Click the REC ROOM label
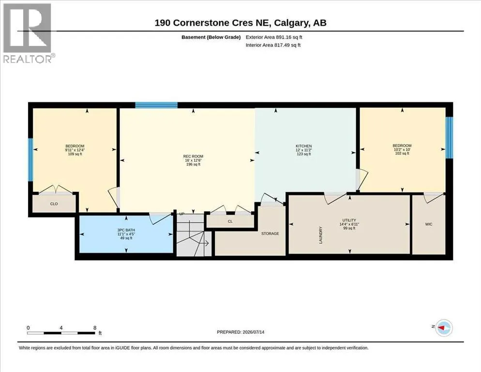point(193,156)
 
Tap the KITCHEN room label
point(304,146)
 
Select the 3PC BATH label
point(126,230)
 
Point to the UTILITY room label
point(349,220)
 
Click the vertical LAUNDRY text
point(321,235)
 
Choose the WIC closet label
point(429,224)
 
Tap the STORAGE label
point(270,234)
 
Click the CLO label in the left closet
point(54,203)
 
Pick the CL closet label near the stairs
point(230,221)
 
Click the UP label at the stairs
point(181,214)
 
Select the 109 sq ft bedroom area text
point(75,154)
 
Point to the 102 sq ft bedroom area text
point(402,153)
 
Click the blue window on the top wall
point(156,105)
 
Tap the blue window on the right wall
point(449,137)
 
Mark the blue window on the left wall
point(30,160)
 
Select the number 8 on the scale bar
point(95,328)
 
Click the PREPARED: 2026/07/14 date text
point(240,332)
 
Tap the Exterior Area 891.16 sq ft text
point(274,37)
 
